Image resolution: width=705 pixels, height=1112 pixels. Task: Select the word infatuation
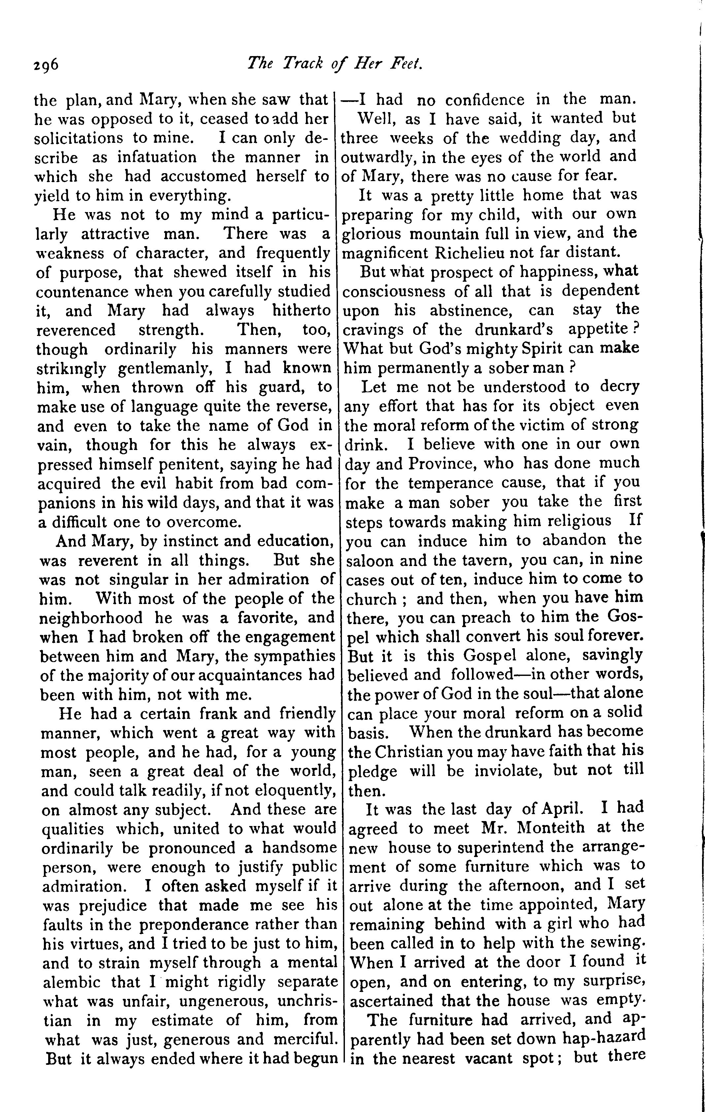[157, 157]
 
